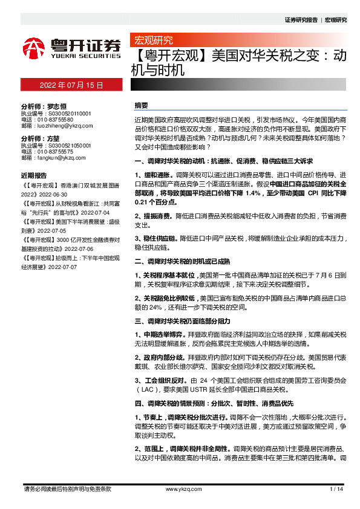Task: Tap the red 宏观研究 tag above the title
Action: (x=153, y=41)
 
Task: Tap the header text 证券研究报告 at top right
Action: (x=301, y=20)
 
